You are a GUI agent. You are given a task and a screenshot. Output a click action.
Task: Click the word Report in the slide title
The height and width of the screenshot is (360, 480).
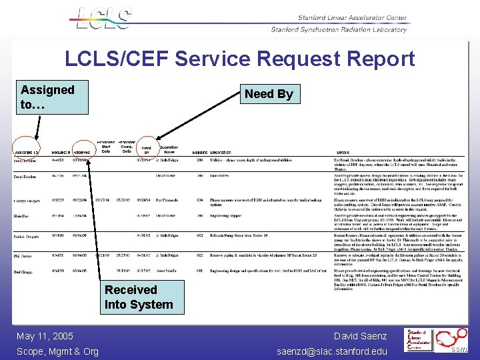point(373,59)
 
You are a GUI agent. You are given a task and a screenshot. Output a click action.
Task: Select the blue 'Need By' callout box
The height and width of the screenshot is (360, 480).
point(269,94)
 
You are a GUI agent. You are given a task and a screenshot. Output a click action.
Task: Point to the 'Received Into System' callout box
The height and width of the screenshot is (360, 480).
point(139,297)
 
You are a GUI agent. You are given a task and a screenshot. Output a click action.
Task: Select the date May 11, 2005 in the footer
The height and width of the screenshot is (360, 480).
point(45,336)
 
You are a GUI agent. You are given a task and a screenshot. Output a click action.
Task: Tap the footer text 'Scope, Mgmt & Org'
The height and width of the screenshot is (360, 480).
point(57,351)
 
